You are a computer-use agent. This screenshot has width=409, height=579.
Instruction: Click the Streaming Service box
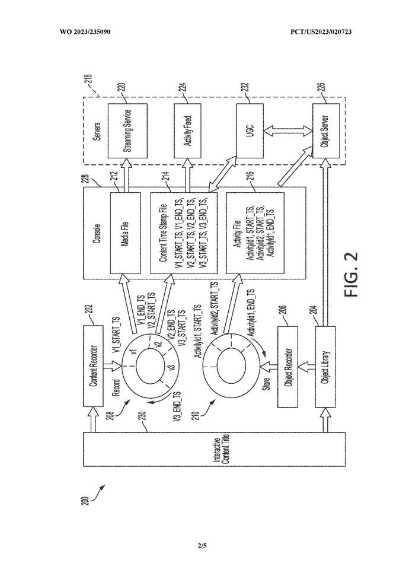(127, 131)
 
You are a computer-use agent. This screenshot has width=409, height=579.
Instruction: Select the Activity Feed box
(187, 131)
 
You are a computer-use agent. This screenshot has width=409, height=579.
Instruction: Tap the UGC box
(250, 131)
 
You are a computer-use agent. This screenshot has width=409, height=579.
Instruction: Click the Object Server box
(326, 131)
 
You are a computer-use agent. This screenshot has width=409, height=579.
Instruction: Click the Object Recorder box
(287, 367)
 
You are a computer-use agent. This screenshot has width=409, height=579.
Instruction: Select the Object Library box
(325, 367)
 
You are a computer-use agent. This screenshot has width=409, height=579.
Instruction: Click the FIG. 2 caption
(352, 274)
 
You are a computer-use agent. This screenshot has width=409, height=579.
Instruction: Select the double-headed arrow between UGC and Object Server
(287, 131)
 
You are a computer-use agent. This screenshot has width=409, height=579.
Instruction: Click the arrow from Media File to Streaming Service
(126, 175)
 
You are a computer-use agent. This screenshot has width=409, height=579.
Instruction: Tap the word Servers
(97, 131)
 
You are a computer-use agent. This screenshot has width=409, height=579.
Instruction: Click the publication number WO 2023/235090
(85, 32)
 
